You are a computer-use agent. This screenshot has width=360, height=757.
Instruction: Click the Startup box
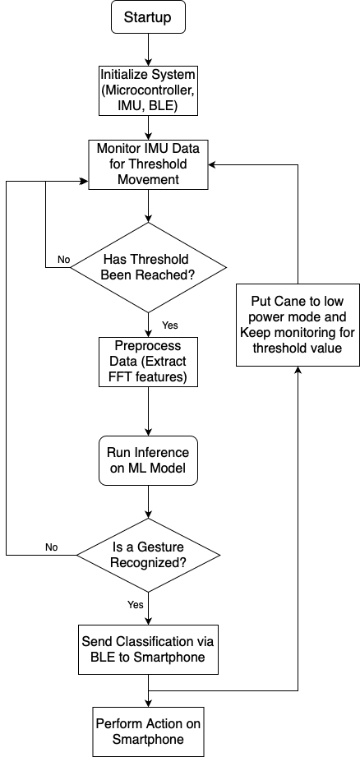click(x=148, y=17)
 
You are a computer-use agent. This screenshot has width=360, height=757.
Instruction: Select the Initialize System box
click(x=148, y=90)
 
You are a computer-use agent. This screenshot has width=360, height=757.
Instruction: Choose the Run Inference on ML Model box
click(x=148, y=460)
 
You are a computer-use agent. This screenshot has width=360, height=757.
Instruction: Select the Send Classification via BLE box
click(x=148, y=649)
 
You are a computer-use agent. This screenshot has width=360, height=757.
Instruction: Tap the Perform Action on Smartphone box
click(x=148, y=732)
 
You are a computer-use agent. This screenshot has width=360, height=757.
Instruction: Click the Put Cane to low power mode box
click(x=298, y=325)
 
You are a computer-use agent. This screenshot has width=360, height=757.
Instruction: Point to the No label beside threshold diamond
click(x=63, y=260)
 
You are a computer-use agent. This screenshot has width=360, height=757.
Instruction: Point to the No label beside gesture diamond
click(x=52, y=547)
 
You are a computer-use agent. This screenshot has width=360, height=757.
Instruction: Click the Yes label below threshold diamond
click(x=170, y=325)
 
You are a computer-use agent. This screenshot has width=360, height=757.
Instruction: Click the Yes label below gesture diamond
click(x=136, y=604)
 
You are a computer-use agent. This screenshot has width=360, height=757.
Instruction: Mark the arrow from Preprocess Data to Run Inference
click(x=148, y=411)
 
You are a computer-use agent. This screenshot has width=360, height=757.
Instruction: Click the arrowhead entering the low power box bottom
click(x=298, y=372)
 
